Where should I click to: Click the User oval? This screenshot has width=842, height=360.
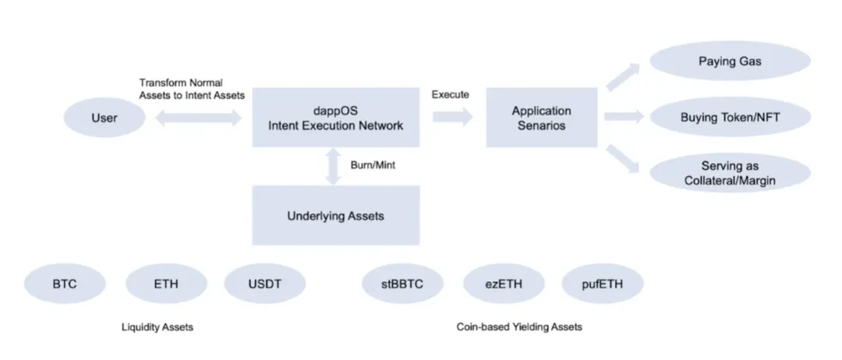[x=104, y=118]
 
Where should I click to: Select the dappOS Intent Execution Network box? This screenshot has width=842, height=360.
[x=335, y=118]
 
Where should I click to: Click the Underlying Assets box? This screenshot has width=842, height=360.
[x=335, y=215]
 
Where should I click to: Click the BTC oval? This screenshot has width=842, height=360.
[x=65, y=284]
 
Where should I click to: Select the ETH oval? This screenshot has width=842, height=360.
[x=165, y=284]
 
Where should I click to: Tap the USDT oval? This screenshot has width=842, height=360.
[x=265, y=284]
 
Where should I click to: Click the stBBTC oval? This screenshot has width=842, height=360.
[x=402, y=284]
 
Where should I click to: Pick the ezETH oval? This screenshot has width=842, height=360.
[x=503, y=284]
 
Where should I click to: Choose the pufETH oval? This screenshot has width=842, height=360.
[x=603, y=284]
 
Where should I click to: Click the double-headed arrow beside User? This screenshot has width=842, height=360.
[x=199, y=118]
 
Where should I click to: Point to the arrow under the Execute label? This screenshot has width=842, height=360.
[x=452, y=117]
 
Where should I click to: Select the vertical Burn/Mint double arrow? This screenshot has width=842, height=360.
[x=334, y=167]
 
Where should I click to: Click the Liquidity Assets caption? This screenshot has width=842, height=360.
[x=157, y=327]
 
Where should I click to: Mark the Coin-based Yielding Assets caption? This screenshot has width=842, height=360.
[x=519, y=327]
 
